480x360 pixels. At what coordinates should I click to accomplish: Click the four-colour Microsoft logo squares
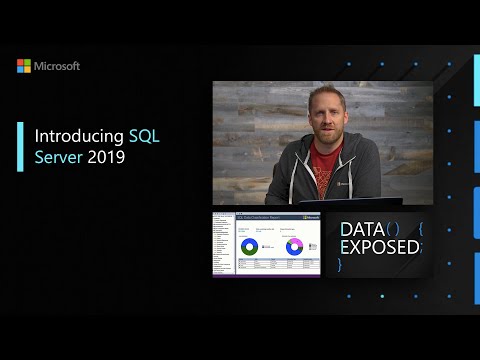point(23,66)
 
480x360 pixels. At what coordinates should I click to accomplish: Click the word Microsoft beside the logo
point(56,66)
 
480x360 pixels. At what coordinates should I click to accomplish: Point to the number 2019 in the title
point(105,158)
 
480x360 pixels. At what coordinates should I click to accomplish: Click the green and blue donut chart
point(249,245)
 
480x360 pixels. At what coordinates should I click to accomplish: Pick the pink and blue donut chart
point(295,246)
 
